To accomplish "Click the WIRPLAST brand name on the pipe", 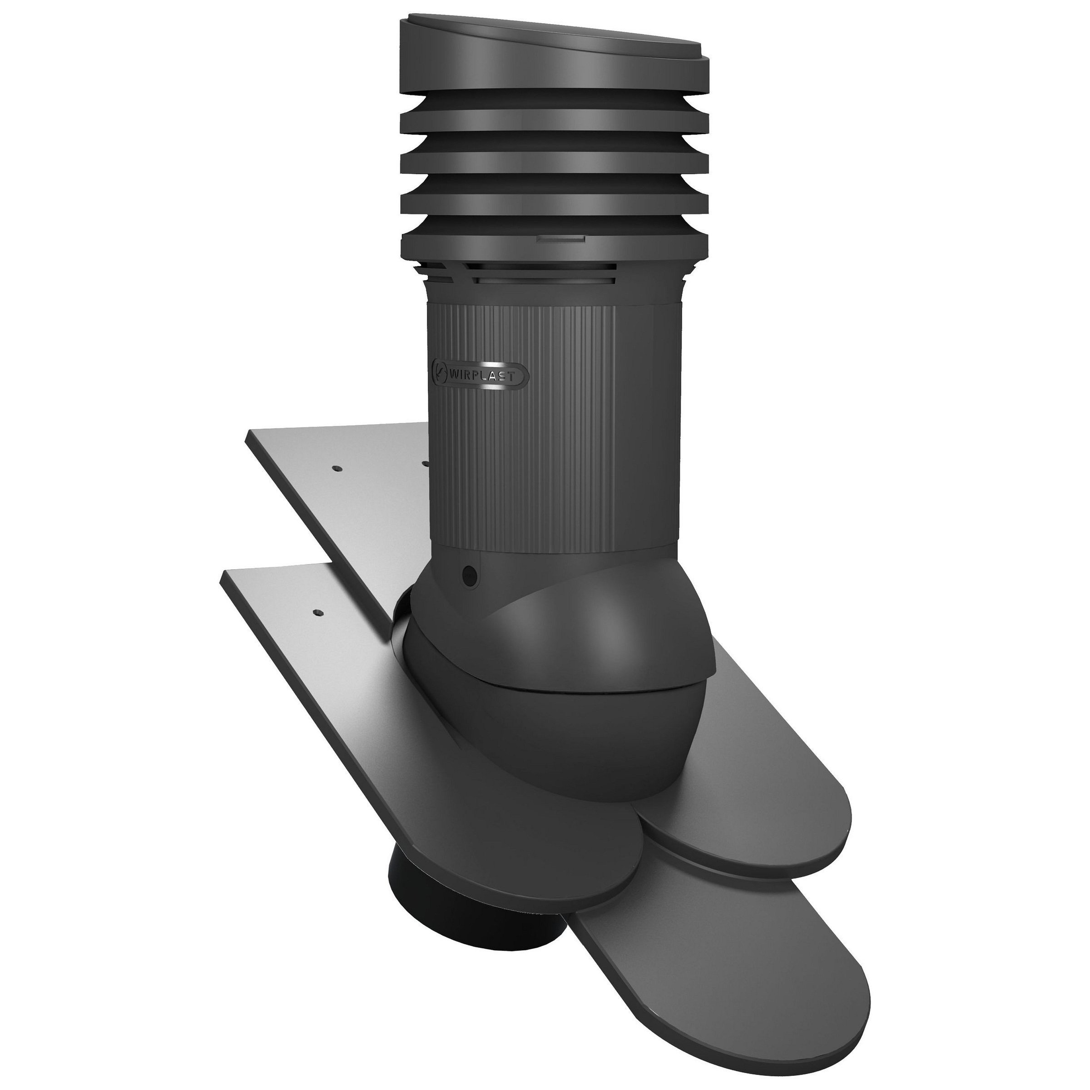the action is click(x=482, y=375).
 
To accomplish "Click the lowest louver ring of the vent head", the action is click(x=553, y=243).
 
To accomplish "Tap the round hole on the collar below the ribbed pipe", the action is click(x=469, y=576).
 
